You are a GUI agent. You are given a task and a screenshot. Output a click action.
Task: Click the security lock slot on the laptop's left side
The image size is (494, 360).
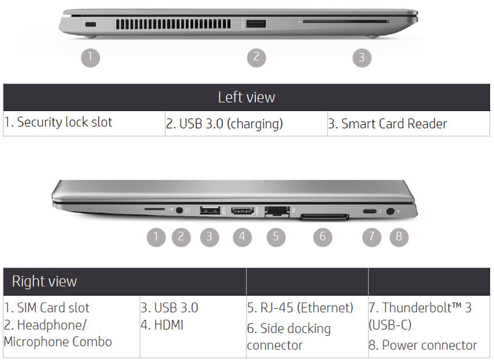click(91, 24)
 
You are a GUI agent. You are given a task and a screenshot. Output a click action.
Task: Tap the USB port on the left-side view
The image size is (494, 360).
click(256, 24)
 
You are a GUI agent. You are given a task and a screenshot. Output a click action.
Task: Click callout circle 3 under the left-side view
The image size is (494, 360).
click(362, 57)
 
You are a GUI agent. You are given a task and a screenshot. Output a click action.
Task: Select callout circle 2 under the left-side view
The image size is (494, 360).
click(256, 57)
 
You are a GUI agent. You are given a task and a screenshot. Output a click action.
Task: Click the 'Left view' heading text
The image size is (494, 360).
click(246, 97)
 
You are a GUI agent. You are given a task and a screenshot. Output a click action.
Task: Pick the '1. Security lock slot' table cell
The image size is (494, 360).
click(84, 123)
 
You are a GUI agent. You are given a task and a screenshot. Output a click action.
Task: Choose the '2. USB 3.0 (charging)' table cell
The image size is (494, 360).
click(246, 123)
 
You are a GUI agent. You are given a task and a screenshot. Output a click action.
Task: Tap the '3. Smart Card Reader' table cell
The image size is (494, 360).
click(409, 123)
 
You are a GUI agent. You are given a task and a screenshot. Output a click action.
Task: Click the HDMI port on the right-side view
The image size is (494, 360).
click(242, 211)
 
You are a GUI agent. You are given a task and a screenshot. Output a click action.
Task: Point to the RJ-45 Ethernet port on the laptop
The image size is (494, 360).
click(277, 211)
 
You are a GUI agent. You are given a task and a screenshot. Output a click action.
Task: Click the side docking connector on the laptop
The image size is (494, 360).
click(325, 216)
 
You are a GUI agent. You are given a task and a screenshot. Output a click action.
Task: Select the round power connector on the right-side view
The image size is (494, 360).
click(390, 211)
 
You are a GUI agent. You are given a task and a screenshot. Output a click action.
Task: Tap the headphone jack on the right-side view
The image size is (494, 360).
click(179, 210)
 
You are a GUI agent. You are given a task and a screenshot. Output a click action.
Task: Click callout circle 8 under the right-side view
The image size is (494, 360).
click(399, 237)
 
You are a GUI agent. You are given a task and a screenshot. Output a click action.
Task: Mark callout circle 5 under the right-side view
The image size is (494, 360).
click(276, 237)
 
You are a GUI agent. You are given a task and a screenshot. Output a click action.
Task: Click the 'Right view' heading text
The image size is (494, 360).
click(44, 281)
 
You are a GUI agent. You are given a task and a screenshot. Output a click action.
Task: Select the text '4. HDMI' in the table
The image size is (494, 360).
click(162, 325)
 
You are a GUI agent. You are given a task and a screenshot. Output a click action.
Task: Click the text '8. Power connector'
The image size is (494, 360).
click(423, 345)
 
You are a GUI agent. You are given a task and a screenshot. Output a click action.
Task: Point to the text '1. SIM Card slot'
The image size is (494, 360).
click(47, 308)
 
